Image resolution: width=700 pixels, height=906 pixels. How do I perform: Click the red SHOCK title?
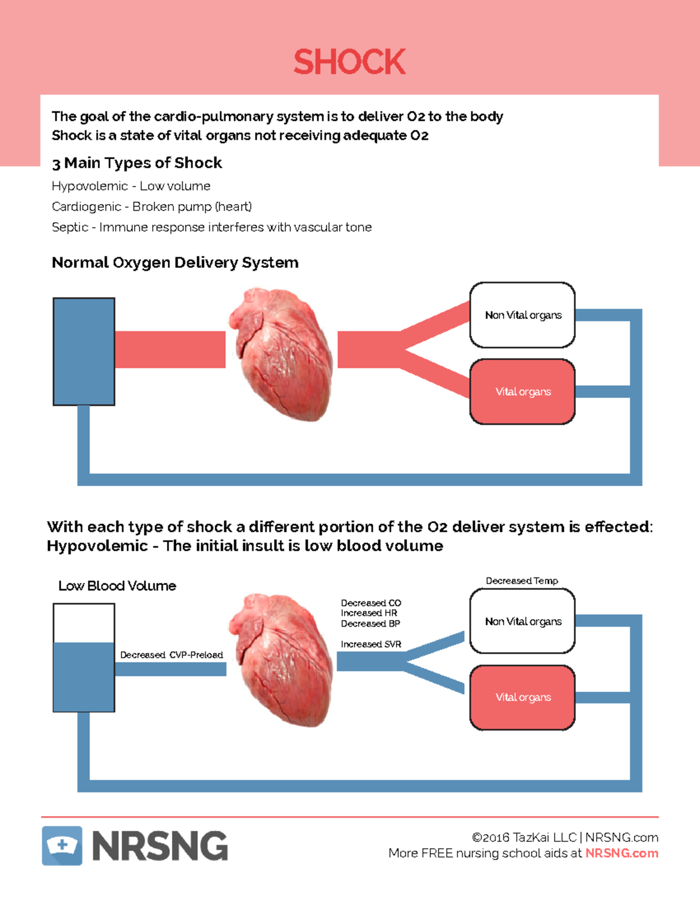(349, 62)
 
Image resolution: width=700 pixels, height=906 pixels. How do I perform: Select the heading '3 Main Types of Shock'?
(136, 163)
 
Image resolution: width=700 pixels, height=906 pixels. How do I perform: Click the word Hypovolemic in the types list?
(89, 186)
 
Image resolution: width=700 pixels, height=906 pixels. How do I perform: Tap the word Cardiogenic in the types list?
(86, 207)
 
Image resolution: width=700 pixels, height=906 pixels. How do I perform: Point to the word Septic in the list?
(69, 227)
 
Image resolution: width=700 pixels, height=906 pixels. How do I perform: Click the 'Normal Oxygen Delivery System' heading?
(175, 263)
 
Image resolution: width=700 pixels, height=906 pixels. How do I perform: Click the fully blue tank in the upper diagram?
(83, 351)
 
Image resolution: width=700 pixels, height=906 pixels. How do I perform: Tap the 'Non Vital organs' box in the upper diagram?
(522, 315)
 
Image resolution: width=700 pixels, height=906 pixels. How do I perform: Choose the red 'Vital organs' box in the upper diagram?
(522, 391)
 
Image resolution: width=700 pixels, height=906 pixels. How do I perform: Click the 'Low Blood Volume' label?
(117, 586)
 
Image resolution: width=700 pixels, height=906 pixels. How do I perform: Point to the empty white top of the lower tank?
(83, 623)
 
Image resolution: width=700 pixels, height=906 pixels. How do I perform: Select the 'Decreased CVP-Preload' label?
(171, 655)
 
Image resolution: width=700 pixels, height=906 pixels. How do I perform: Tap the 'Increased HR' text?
(369, 613)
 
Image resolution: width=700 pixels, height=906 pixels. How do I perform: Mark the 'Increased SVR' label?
(371, 644)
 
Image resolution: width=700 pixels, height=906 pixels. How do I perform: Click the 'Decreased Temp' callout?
(521, 581)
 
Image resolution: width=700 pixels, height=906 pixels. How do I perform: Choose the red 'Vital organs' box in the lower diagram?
(522, 697)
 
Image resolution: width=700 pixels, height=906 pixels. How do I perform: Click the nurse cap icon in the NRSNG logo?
(62, 845)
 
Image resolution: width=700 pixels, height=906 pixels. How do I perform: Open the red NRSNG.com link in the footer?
(621, 853)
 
